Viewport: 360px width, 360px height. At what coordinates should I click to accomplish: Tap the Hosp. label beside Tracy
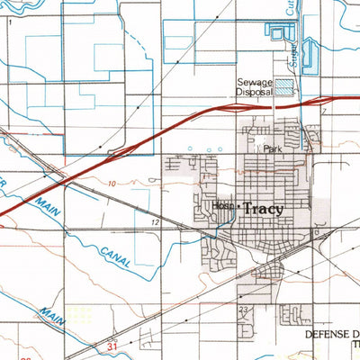[224, 206]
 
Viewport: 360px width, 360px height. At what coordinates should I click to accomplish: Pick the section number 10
[111, 183]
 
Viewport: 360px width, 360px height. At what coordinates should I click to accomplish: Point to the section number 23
[243, 310]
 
